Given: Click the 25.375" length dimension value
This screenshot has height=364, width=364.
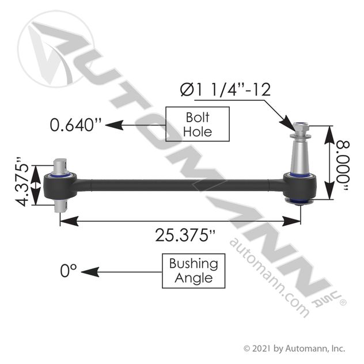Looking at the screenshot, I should coord(179,235).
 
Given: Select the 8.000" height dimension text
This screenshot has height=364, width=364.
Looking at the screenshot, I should coord(346,162).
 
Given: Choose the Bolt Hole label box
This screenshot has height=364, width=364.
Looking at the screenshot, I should coord(197,124).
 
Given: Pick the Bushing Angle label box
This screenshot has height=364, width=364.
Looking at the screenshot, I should coord(193,271).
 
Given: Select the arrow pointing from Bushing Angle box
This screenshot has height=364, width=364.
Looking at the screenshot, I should coord(127,271).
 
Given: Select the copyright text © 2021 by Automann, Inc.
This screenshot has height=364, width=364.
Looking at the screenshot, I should coord(294,347).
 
